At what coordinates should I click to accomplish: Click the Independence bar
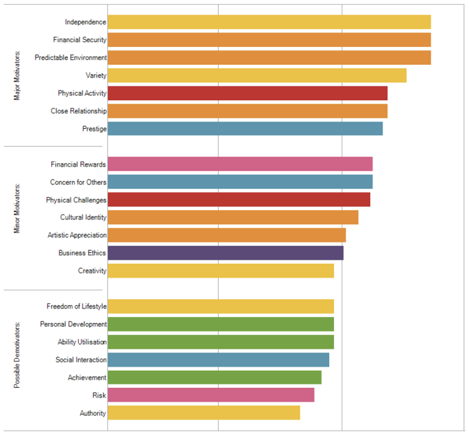pyautogui.click(x=269, y=22)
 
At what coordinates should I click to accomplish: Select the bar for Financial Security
pyautogui.click(x=269, y=40)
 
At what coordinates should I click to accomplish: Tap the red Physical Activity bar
pyautogui.click(x=247, y=93)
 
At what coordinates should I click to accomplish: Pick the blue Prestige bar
pyautogui.click(x=245, y=129)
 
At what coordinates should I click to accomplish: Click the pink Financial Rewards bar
pyautogui.click(x=240, y=164)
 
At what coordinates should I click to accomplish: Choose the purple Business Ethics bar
pyautogui.click(x=225, y=253)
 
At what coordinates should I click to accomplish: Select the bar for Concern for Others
pyautogui.click(x=240, y=182)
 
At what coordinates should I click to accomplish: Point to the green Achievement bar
pyautogui.click(x=214, y=377)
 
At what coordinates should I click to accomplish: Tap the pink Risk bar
pyautogui.click(x=211, y=395)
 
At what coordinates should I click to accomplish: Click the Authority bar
pyautogui.click(x=204, y=413)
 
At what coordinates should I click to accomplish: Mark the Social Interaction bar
pyautogui.click(x=218, y=360)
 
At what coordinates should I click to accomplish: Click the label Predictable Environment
pyautogui.click(x=71, y=57)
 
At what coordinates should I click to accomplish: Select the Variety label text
pyautogui.click(x=96, y=76)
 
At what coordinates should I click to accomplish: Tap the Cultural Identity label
pyautogui.click(x=83, y=217)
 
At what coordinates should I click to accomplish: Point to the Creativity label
pyautogui.click(x=92, y=271)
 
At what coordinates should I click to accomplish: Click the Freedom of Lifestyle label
pyautogui.click(x=76, y=306)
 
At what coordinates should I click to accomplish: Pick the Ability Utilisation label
pyautogui.click(x=82, y=342)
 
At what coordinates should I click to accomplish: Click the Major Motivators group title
pyautogui.click(x=16, y=76)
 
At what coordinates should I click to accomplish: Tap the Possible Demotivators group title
pyautogui.click(x=16, y=354)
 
